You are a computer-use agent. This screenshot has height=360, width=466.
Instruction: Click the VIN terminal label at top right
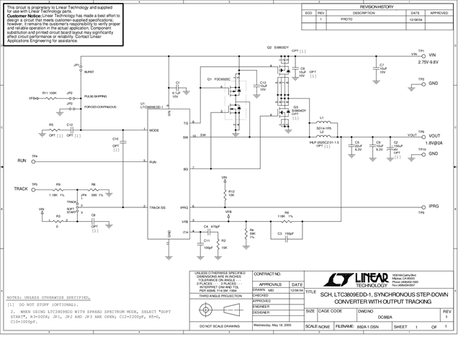tap(433, 55)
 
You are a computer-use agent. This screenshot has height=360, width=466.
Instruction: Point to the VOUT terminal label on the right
tap(434, 136)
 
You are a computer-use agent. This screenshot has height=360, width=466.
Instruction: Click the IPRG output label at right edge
tap(434, 206)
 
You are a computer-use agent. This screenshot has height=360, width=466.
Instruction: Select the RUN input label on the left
tap(22, 163)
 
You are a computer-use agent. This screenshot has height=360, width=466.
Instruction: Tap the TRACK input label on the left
tap(21, 189)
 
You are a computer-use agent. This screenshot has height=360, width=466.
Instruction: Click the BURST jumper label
tap(89, 73)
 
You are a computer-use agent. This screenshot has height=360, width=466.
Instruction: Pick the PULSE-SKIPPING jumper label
tap(99, 96)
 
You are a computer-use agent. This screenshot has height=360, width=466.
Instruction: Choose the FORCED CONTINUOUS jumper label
tap(102, 107)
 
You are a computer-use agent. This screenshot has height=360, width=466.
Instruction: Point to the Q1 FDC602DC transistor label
tap(218, 78)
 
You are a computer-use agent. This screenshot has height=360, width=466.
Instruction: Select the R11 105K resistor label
tap(49, 93)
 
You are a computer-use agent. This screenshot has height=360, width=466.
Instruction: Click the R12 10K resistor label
tap(231, 193)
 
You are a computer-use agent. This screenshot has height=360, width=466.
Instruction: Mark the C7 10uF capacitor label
tap(382, 66)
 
